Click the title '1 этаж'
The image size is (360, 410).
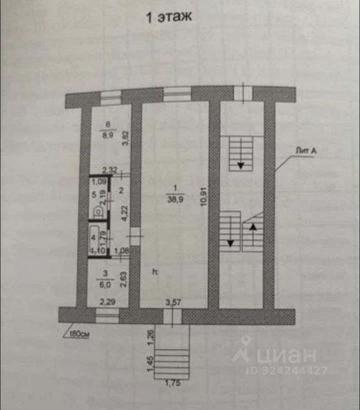pyautogui.click(x=168, y=18)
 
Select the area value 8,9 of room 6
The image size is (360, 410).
pyautogui.click(x=107, y=135)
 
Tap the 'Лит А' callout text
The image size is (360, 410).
pyautogui.click(x=305, y=150)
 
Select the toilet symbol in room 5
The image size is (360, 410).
pyautogui.click(x=99, y=212)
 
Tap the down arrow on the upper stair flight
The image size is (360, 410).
pyautogui.click(x=240, y=164)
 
